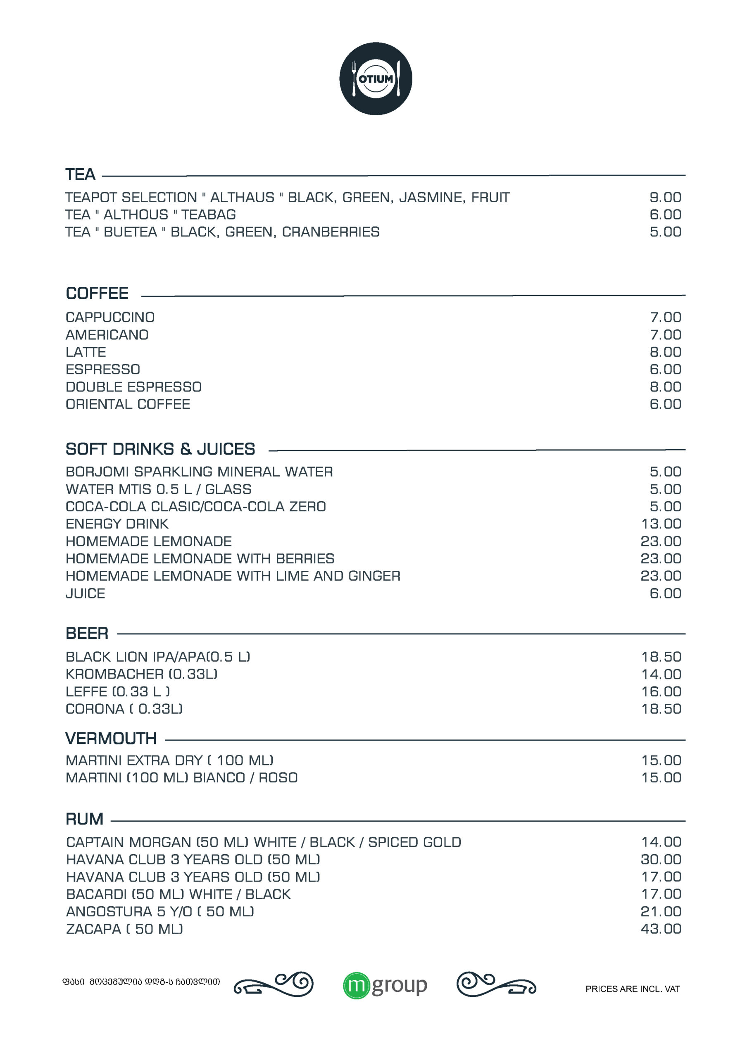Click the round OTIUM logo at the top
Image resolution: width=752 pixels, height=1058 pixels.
pyautogui.click(x=376, y=79)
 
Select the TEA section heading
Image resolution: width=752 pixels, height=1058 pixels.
pyautogui.click(x=80, y=174)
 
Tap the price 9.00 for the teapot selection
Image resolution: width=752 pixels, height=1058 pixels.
pyautogui.click(x=665, y=197)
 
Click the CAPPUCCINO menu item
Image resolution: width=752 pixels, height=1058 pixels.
pyautogui.click(x=110, y=317)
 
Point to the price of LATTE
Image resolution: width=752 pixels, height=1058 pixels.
pyautogui.click(x=665, y=352)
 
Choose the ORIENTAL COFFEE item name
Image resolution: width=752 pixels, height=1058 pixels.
pyautogui.click(x=128, y=404)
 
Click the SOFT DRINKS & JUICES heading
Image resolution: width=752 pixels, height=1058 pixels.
pyautogui.click(x=160, y=449)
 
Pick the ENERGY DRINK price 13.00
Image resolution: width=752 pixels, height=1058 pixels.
pyautogui.click(x=661, y=524)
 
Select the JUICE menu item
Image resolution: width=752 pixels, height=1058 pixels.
pyautogui.click(x=86, y=593)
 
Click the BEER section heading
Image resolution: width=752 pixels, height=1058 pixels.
pyautogui.click(x=87, y=633)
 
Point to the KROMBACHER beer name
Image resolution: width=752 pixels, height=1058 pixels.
pyautogui.click(x=115, y=674)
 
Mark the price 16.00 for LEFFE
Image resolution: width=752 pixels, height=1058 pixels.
pyautogui.click(x=661, y=691)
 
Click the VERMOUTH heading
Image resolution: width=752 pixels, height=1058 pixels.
pyautogui.click(x=111, y=738)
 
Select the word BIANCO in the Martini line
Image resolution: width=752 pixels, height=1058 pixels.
pyautogui.click(x=219, y=777)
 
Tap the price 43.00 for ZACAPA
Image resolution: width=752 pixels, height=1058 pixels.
pyautogui.click(x=661, y=928)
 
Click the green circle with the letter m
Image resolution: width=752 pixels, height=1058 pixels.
pyautogui.click(x=356, y=985)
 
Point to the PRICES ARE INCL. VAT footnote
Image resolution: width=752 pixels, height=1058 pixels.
pyautogui.click(x=633, y=989)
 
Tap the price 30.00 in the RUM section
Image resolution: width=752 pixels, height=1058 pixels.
pyautogui.click(x=661, y=859)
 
